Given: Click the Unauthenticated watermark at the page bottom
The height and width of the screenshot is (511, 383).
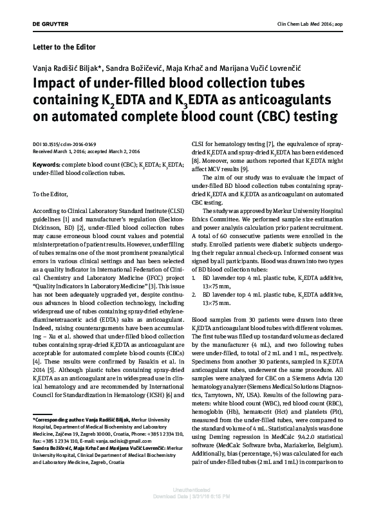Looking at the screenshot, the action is click(191, 497).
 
